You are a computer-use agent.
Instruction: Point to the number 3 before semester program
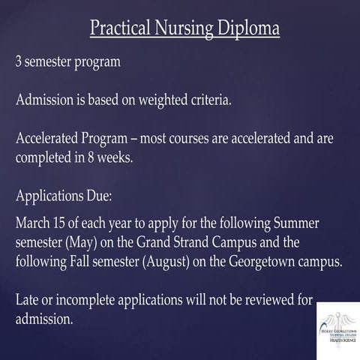pyautogui.click(x=19, y=62)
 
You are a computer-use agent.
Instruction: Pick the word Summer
pyautogui.click(x=308, y=224)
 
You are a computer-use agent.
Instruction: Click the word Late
pyautogui.click(x=28, y=300)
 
